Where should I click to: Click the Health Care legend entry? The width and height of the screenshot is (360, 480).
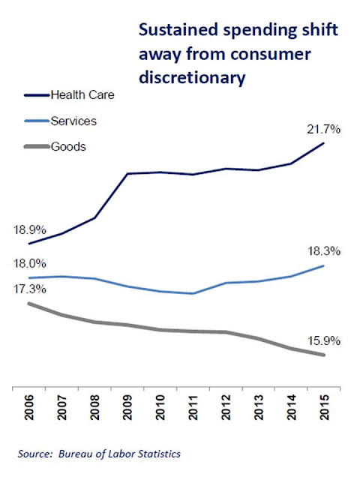[x=69, y=95]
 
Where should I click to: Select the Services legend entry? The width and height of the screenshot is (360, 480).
[x=60, y=121]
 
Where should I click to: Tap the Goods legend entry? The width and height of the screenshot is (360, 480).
[x=55, y=147]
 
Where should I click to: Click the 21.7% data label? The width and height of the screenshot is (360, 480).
[x=323, y=130]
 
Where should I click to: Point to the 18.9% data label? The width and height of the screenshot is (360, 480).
[x=29, y=229]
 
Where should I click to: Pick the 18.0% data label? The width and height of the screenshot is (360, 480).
[x=29, y=263]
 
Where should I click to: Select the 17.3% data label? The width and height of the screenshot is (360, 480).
[x=29, y=289]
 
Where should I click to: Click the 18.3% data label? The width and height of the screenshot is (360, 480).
[x=323, y=251]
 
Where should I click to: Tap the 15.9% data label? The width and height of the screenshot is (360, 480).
[x=323, y=340]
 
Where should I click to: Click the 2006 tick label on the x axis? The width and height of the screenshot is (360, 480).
[x=29, y=407]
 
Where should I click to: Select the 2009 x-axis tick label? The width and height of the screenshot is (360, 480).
[x=127, y=407]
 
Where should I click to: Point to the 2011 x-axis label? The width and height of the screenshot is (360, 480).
[x=193, y=407]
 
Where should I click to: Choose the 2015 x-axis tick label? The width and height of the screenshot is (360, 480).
[x=324, y=407]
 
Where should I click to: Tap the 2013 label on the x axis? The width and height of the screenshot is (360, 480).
[x=258, y=407]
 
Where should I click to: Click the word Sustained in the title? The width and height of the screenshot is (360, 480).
[x=178, y=30]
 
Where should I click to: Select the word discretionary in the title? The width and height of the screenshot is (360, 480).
[x=192, y=77]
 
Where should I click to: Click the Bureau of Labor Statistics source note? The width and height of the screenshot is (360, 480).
[x=119, y=454]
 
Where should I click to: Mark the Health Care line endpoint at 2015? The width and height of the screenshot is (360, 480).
[x=323, y=143]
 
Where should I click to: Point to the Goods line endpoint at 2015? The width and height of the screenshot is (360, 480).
[x=323, y=355]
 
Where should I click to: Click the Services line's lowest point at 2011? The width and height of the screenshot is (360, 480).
[x=193, y=293]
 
